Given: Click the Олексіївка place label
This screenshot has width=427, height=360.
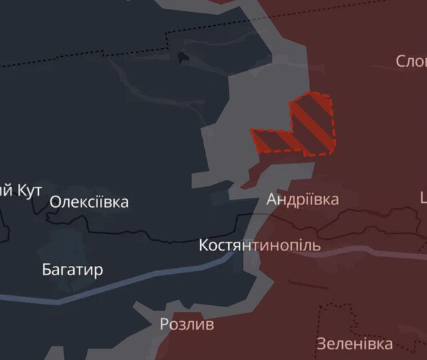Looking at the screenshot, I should coord(89,202).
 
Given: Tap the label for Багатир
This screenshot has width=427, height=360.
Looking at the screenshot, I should coord(72,270).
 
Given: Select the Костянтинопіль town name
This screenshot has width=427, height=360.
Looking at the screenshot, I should coord(260,245).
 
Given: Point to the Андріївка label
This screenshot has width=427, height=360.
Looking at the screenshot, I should coord(302,199).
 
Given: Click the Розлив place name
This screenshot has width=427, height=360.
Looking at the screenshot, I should coord(187,325).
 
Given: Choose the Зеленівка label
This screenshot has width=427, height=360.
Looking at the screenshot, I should coord(354,345).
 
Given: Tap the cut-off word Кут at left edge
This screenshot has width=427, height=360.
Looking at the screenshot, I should coord(27,190).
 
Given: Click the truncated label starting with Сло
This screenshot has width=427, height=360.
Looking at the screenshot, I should coord(410,61).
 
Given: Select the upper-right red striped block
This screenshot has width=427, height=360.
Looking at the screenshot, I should coord(312,124).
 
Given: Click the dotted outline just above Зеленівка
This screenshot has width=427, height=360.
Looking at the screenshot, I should coord(334,308).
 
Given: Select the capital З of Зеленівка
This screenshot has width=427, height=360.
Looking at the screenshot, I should coord(321,345).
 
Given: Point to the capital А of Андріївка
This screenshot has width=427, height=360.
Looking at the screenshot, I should coord(272,199).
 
